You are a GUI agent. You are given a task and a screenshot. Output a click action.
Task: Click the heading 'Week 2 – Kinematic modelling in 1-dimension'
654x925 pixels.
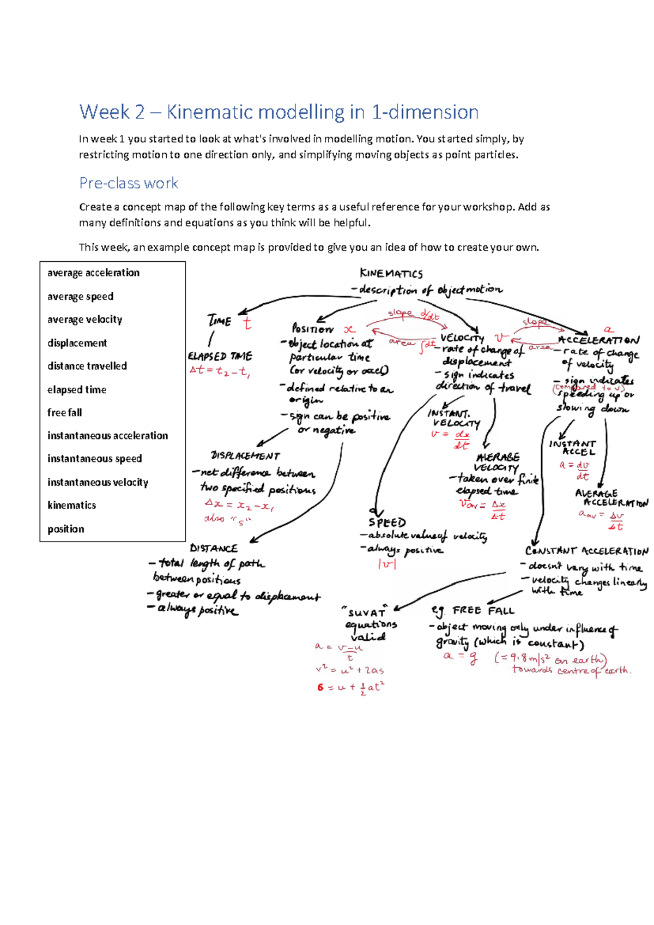pos(278,112)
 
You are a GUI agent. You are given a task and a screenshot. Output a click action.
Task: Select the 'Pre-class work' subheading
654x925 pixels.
pos(129,183)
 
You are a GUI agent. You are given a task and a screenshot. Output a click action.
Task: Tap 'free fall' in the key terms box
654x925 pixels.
pos(64,412)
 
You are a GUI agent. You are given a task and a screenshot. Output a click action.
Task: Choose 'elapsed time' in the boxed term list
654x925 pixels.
pos(76,389)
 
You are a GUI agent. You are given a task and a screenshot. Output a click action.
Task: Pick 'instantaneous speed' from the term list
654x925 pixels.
pos(94,459)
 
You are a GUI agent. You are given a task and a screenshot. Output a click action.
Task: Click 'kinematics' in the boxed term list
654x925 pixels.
pos(71,505)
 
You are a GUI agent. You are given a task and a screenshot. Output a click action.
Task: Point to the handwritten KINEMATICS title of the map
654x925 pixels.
pos(391,273)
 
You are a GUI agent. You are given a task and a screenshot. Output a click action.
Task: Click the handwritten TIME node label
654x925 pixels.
pos(219,321)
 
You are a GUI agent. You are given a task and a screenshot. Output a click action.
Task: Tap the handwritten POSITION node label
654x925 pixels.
pos(312,328)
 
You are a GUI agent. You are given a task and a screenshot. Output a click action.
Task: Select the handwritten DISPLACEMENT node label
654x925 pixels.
pos(245,455)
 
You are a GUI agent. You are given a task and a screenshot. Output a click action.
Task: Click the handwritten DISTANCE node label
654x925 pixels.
pos(214,548)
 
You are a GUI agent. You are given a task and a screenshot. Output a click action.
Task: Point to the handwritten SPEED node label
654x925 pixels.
pos(387,522)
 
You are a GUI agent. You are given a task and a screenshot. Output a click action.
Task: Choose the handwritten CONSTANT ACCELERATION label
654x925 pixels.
pos(586,551)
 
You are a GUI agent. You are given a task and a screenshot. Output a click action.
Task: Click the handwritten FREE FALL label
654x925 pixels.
pos(483,610)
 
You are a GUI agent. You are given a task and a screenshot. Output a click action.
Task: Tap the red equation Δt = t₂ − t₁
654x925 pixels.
pos(219,370)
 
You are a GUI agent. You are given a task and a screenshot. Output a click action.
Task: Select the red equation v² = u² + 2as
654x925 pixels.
pos(349,670)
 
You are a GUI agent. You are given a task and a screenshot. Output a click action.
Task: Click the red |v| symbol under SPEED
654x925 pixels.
pos(386,564)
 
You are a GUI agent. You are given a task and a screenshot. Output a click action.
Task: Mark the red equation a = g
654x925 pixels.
pos(461,657)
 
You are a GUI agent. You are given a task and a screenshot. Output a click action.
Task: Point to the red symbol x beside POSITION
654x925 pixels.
pos(349,329)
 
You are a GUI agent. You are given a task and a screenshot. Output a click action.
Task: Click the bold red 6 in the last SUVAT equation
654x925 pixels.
pos(320,687)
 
